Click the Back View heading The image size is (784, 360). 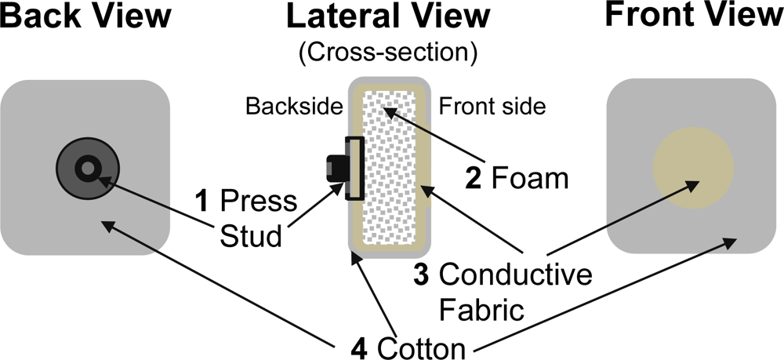point(86,17)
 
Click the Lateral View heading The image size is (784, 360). point(387,17)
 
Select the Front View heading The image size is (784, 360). point(695,17)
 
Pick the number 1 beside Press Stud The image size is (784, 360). point(201,202)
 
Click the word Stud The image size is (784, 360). point(249,235)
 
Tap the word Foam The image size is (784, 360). point(529,179)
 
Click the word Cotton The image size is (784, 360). point(423,345)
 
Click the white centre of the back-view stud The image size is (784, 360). point(87,166)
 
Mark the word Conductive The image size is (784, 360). point(514,275)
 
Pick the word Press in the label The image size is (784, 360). point(258,202)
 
